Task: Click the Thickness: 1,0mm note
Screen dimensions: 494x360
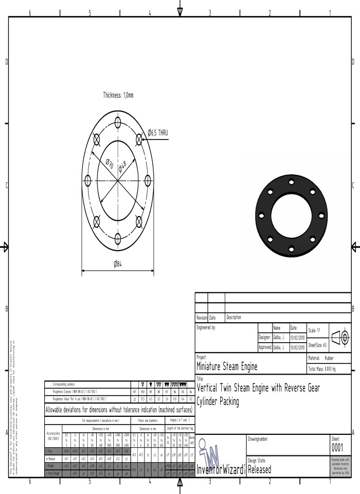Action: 118,95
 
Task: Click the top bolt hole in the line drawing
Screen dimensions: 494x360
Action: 118,122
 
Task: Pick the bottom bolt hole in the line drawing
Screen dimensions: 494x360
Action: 118,237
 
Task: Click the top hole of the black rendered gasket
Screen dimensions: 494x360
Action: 292,182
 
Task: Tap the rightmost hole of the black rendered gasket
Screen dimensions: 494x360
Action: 321,214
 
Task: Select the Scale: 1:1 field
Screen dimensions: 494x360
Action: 316,330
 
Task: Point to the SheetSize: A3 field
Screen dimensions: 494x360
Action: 318,345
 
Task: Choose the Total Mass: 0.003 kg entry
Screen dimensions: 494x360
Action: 327,369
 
